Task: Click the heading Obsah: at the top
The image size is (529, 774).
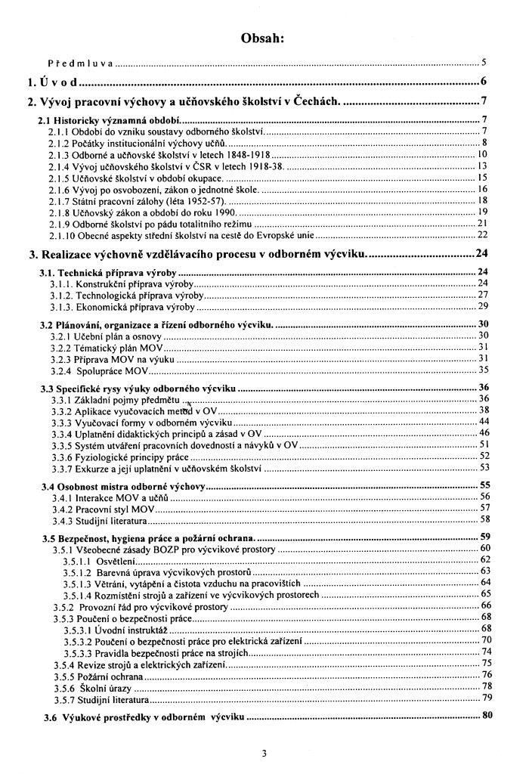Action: tap(264, 37)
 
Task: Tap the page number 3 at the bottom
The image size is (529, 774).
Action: tap(264, 753)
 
